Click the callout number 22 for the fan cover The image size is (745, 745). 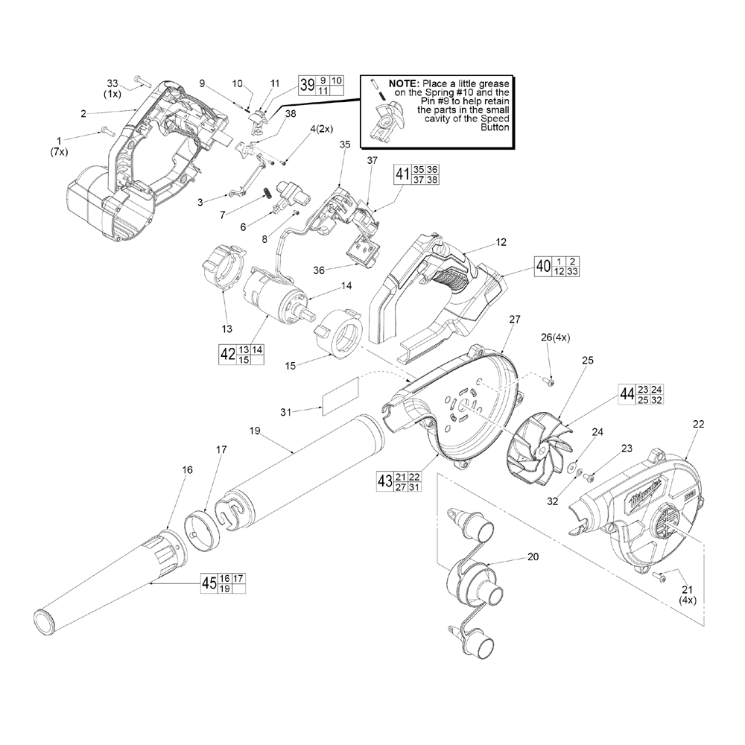[x=698, y=424]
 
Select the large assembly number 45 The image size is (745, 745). [x=209, y=583]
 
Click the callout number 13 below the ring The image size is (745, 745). [x=227, y=329]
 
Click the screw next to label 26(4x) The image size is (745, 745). [x=550, y=383]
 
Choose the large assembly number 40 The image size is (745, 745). [x=543, y=266]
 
